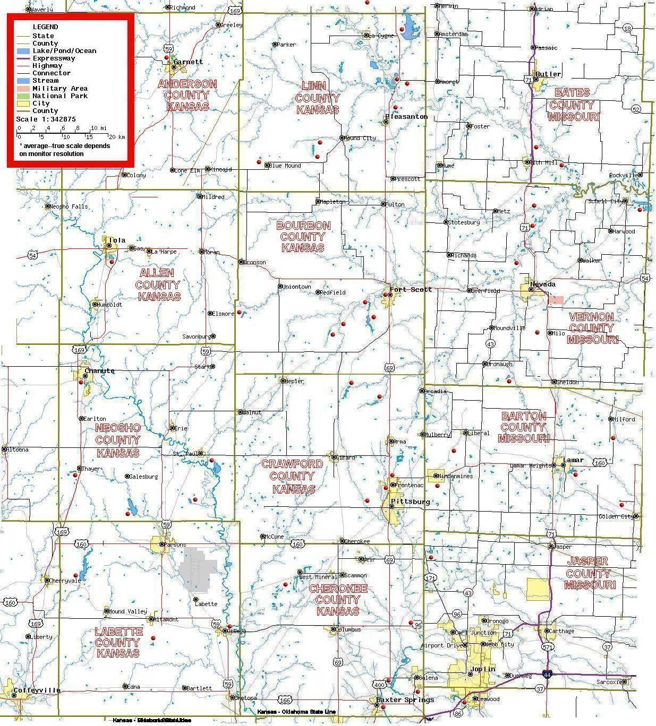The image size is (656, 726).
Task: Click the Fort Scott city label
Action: click(x=411, y=290)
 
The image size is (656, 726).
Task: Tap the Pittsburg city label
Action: click(x=410, y=502)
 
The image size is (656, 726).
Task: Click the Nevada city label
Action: click(x=542, y=284)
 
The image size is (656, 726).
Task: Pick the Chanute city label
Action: click(x=99, y=370)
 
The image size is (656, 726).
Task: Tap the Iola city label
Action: click(x=117, y=240)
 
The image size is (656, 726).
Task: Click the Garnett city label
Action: click(x=188, y=62)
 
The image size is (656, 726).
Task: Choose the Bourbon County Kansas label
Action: click(x=303, y=237)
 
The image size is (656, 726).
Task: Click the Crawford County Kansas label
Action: click(x=293, y=476)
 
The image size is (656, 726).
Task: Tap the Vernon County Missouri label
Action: click(x=592, y=328)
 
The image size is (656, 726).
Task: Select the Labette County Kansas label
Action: click(x=118, y=642)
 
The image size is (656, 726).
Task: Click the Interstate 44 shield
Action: click(x=547, y=674)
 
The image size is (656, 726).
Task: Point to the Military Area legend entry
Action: click(x=59, y=89)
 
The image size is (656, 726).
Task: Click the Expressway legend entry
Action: click(x=54, y=58)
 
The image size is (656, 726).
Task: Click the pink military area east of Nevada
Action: click(x=556, y=300)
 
